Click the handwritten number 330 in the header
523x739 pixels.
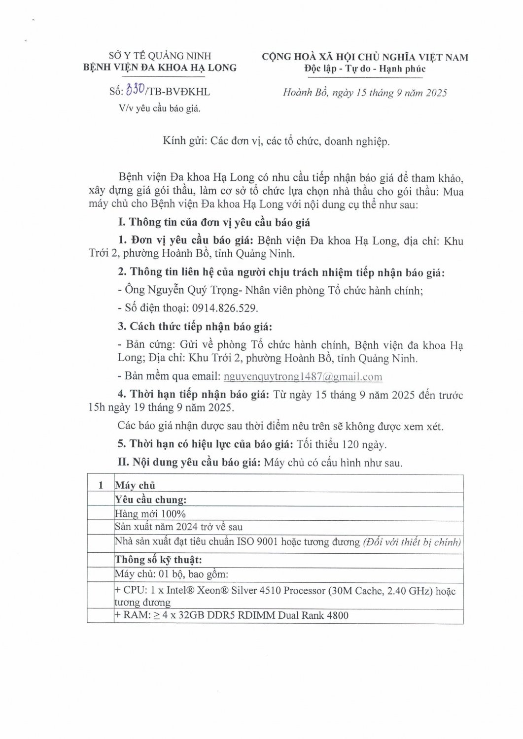(x=135, y=90)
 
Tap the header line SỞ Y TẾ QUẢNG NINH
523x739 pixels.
(x=160, y=56)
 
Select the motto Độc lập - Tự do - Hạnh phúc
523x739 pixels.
(x=364, y=69)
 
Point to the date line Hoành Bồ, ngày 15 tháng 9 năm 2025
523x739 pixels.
(x=365, y=93)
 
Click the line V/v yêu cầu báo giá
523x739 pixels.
(x=159, y=108)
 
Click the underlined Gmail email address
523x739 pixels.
(x=303, y=376)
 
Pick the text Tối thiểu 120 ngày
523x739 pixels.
(x=342, y=444)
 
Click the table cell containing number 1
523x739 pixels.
(x=101, y=485)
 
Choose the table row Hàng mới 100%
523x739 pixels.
(x=150, y=514)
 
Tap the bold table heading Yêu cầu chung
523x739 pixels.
(x=150, y=500)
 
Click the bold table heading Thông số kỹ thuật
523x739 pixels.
(x=158, y=560)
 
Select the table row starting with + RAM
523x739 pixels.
(x=231, y=615)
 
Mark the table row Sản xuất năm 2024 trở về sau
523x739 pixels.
(x=178, y=527)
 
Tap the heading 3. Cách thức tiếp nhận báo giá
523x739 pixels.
(x=195, y=327)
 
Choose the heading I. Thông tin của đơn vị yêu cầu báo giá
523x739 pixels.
(x=214, y=223)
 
